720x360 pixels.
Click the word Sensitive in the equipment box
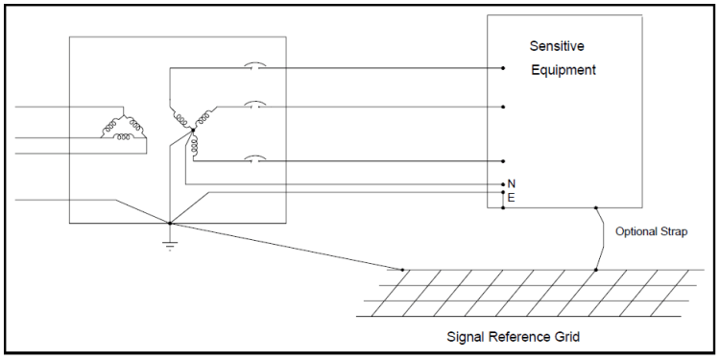558,46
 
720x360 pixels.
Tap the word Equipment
564,70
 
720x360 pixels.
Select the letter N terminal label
512,183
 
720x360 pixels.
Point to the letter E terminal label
512,198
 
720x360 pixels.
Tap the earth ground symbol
169,244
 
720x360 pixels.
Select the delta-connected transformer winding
124,129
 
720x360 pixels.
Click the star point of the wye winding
192,129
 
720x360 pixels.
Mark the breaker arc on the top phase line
253,67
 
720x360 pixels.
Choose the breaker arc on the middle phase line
253,105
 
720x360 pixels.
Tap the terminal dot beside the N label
503,183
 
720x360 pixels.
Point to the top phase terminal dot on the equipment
503,68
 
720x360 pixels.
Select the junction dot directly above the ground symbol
169,224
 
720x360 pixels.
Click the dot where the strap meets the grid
596,270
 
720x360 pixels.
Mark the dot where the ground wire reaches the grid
402,270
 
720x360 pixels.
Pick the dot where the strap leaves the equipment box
596,207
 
